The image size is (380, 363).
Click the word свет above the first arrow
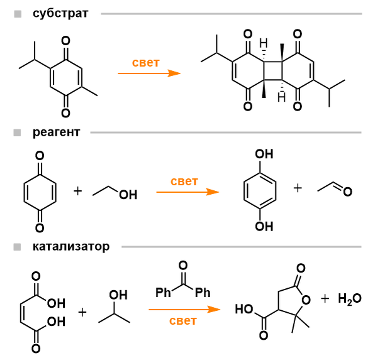click(x=145, y=63)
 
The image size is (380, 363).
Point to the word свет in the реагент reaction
click(x=184, y=181)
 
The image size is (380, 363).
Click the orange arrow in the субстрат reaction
click(x=149, y=73)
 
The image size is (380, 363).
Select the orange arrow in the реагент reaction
click(x=187, y=192)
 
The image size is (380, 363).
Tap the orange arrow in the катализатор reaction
click(x=184, y=309)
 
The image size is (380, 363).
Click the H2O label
click(x=350, y=300)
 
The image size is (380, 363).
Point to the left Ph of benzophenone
click(x=164, y=293)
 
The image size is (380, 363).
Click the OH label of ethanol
click(x=128, y=195)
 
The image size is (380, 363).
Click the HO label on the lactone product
click(x=244, y=309)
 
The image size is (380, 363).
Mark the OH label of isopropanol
click(x=118, y=295)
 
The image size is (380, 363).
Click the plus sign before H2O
click(x=325, y=299)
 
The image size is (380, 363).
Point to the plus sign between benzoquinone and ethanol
click(x=78, y=190)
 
